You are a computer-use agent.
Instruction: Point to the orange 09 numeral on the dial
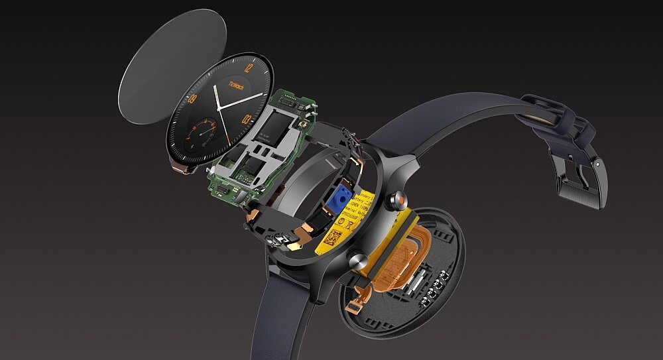pyautogui.click(x=192, y=100)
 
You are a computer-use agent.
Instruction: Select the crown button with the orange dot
pyautogui.click(x=399, y=197)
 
